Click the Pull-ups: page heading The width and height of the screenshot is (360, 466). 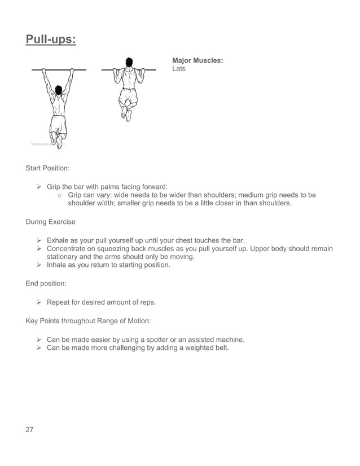(51, 40)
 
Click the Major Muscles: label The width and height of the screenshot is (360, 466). (197, 60)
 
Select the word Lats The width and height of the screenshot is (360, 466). (179, 69)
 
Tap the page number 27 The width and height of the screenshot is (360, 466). (30, 429)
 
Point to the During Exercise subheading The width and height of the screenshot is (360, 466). (50, 222)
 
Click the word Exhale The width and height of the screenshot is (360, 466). (59, 240)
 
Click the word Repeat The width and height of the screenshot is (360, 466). (59, 302)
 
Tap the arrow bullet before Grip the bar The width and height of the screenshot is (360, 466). (39, 187)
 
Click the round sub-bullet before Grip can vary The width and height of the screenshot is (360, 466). (59, 195)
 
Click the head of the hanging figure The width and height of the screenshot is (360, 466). (59, 91)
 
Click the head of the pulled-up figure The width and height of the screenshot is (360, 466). (130, 61)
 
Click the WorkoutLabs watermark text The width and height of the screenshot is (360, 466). (47, 144)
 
